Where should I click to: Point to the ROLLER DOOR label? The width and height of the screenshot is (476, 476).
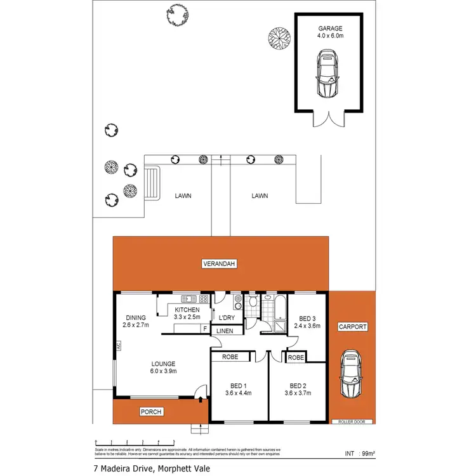[352, 421]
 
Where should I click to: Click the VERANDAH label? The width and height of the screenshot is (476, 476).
[220, 263]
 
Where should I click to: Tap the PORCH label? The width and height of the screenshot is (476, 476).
[151, 412]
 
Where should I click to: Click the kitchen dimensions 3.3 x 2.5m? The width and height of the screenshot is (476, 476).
[187, 317]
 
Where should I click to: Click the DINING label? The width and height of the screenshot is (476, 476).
[136, 318]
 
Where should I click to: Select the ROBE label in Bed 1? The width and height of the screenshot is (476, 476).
[230, 357]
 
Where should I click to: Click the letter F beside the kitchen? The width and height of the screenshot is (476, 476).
[204, 329]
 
